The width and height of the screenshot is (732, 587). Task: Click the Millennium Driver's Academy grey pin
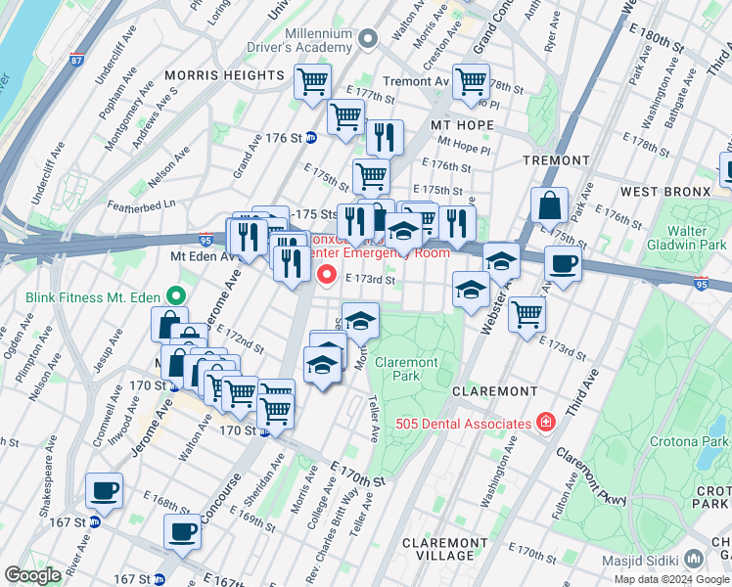click(x=368, y=40)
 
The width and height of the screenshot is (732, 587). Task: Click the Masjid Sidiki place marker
click(x=694, y=557)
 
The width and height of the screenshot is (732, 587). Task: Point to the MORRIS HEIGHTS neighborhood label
click(x=224, y=75)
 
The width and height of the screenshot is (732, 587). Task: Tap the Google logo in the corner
click(x=33, y=574)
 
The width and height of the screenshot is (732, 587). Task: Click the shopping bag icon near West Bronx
click(x=549, y=206)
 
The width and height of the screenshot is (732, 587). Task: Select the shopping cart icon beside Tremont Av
click(x=471, y=81)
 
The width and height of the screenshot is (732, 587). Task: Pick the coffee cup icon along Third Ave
click(x=563, y=263)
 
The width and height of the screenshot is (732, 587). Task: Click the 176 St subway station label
click(x=286, y=138)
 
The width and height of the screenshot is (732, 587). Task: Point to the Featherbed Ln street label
click(x=141, y=203)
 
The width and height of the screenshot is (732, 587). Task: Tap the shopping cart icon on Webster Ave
click(x=526, y=315)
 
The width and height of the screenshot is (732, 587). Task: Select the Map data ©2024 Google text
click(x=670, y=579)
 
